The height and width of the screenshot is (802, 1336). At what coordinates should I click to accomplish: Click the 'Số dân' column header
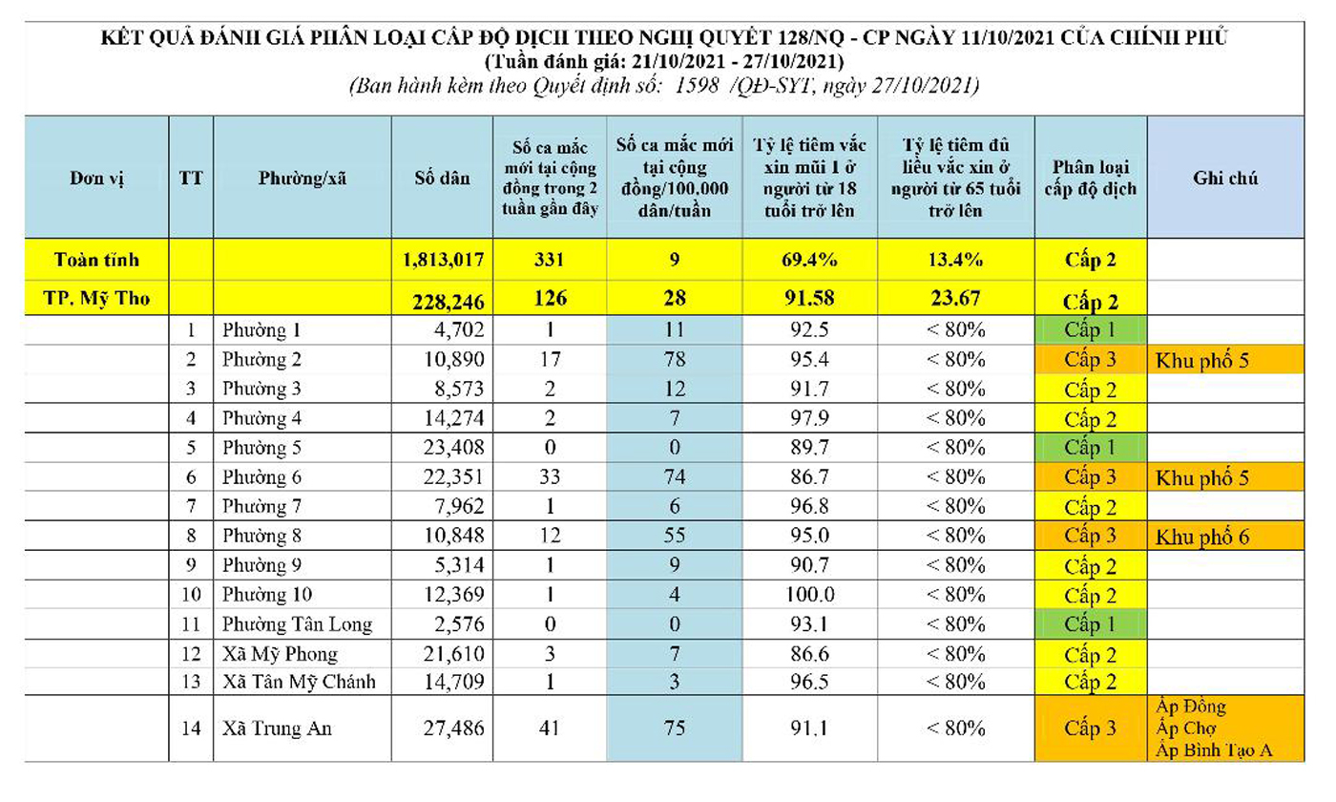[442, 178]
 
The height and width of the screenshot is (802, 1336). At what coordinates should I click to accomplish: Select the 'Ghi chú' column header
[1225, 178]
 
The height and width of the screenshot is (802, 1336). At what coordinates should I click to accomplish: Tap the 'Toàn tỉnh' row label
[96, 260]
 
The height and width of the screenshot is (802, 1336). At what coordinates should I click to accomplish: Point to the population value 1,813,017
[443, 260]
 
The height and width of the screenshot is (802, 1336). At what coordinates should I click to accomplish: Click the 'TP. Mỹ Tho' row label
[96, 298]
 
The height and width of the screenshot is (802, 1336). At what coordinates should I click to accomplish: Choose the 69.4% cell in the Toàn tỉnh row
[809, 260]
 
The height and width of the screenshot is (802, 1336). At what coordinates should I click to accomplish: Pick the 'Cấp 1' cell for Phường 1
[1090, 330]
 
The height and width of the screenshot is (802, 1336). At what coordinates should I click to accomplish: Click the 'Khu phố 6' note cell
[1202, 537]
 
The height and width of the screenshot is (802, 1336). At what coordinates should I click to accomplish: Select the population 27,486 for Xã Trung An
[453, 728]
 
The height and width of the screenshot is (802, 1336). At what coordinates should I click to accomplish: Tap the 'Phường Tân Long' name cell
[297, 624]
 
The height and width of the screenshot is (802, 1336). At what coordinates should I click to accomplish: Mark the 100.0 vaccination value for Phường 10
[809, 594]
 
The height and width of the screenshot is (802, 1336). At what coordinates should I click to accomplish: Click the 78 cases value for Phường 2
[675, 359]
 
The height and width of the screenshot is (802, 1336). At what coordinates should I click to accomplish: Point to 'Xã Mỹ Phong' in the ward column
[280, 654]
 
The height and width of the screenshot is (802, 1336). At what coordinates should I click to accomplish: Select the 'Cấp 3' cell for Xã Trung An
[1090, 728]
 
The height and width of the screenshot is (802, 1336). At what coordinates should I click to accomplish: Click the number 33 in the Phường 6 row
[550, 476]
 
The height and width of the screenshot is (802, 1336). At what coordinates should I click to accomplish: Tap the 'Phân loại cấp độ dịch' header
[1090, 178]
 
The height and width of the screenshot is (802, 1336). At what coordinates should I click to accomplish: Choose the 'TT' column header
[191, 178]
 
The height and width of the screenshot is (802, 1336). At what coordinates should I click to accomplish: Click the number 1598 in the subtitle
[697, 86]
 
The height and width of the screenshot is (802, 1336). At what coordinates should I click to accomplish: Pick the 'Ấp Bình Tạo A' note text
[1214, 750]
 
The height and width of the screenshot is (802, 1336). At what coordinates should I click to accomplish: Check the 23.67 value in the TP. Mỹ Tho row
[955, 298]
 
